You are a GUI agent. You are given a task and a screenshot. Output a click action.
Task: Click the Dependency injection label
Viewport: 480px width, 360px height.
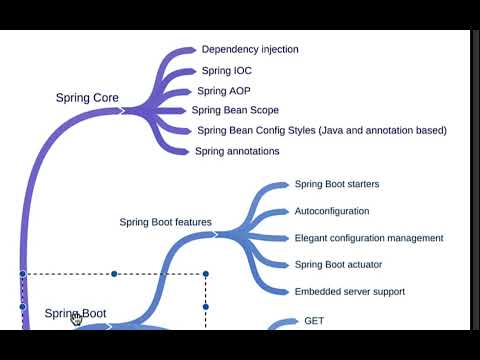click(x=250, y=49)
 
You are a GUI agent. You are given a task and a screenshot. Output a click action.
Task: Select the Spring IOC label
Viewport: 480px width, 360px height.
click(x=228, y=71)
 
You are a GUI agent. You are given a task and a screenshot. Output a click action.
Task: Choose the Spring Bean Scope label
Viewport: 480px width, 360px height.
click(x=235, y=110)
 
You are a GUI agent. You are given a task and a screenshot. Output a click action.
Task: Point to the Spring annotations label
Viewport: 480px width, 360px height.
click(x=237, y=151)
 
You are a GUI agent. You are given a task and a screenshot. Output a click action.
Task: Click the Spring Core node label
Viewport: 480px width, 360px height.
click(x=87, y=98)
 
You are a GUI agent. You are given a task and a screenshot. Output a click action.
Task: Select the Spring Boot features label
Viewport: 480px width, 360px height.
click(x=165, y=222)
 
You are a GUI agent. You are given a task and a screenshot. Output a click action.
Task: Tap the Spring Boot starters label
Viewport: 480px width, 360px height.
click(x=336, y=184)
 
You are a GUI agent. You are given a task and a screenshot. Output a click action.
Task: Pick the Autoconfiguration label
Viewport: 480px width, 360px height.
click(x=331, y=211)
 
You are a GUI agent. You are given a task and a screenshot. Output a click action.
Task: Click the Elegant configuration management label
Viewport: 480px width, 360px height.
click(x=369, y=238)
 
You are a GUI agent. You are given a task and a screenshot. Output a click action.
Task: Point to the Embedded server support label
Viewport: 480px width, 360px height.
click(x=349, y=291)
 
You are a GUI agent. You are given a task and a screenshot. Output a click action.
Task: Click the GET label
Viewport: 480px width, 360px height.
click(x=314, y=321)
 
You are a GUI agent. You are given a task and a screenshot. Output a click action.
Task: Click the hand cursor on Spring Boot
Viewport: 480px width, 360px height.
click(x=76, y=319)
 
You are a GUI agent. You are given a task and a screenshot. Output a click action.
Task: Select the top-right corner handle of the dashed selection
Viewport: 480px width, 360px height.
click(x=205, y=273)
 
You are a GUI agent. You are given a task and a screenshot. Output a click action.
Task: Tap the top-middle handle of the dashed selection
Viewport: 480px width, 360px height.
click(x=114, y=273)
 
